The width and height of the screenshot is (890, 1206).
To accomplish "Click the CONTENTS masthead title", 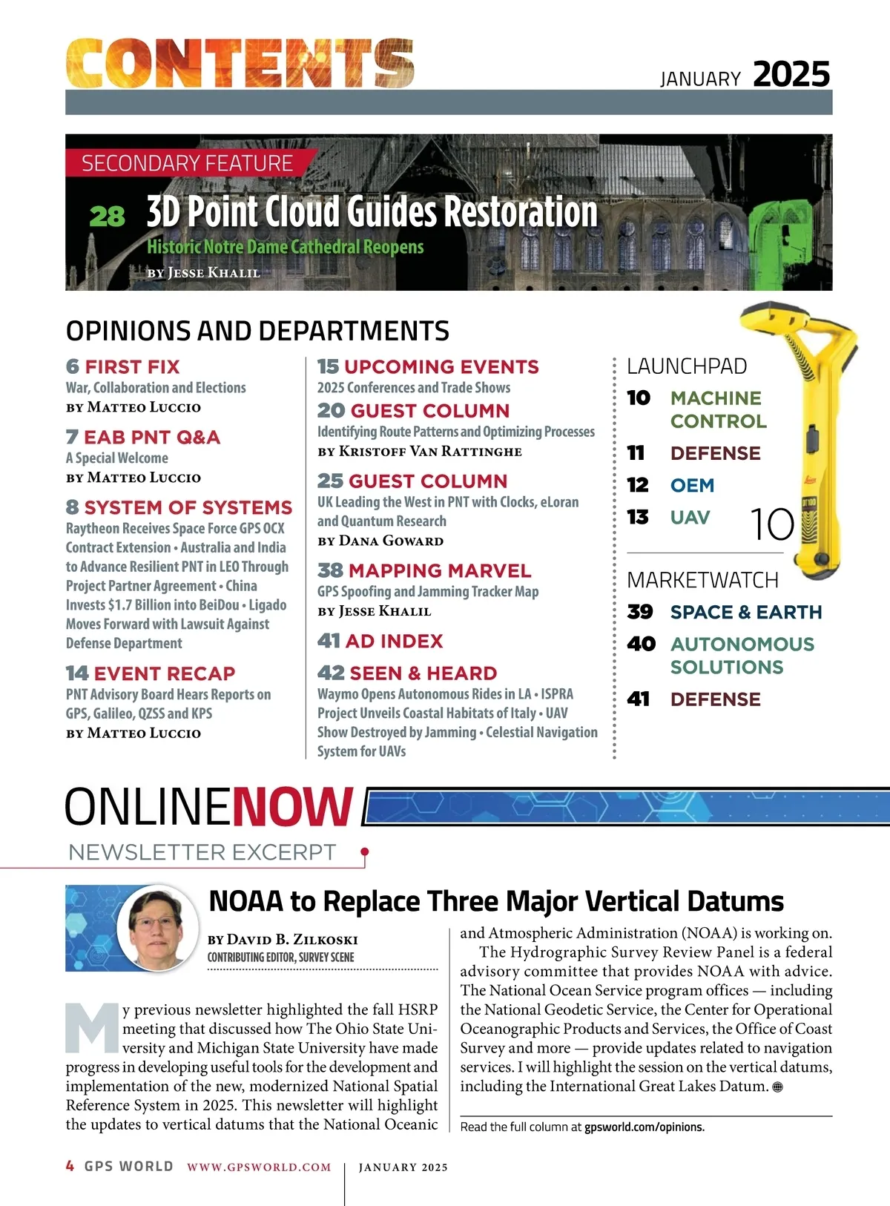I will [x=240, y=63].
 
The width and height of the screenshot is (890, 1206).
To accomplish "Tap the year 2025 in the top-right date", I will [x=791, y=75].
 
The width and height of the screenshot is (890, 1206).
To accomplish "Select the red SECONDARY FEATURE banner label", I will [x=187, y=163].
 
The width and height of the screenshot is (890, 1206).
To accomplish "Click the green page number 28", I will [x=107, y=217].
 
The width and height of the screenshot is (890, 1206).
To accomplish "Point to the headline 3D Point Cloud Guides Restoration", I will [x=372, y=212].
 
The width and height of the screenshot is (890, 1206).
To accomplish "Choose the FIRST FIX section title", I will [x=132, y=366].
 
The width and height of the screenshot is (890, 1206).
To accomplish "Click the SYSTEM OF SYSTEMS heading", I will [x=188, y=507].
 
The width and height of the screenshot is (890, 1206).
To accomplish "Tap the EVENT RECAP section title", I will [x=164, y=673].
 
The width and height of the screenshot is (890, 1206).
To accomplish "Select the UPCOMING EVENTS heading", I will [x=441, y=366].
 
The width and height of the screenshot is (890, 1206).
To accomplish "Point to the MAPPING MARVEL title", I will [x=439, y=570].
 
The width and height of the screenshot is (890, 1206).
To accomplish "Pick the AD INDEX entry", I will [x=394, y=641].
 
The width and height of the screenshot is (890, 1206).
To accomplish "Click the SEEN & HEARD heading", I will [x=423, y=673].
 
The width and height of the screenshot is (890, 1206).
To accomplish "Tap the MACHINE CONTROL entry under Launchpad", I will [x=717, y=409].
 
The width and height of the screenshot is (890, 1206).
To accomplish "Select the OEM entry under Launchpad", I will [x=692, y=485].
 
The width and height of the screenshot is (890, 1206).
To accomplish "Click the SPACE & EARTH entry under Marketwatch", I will [x=745, y=612].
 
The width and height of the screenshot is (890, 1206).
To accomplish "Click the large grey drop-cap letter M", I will [x=92, y=1027].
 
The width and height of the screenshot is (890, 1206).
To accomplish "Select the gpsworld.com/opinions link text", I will [x=644, y=1127].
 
